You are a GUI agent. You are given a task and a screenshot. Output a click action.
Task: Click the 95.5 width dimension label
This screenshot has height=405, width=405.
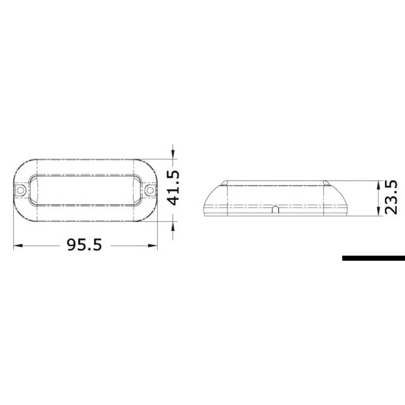click(x=85, y=245)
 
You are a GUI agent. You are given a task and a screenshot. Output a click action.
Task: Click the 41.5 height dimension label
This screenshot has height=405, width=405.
click(x=173, y=187)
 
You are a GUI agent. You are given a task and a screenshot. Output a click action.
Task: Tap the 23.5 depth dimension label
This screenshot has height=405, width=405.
click(x=391, y=197)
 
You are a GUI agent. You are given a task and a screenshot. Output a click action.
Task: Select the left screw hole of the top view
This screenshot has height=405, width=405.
click(x=21, y=191)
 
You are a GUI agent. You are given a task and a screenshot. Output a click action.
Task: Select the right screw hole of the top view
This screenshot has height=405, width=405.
click(x=150, y=191)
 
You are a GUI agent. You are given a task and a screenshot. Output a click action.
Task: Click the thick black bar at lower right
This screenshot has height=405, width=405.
click(x=374, y=258)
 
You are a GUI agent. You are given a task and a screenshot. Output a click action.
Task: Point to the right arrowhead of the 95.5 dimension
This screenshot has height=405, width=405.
click(x=153, y=246)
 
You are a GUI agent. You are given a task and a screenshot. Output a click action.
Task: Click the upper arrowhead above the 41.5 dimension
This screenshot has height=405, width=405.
click(x=173, y=154)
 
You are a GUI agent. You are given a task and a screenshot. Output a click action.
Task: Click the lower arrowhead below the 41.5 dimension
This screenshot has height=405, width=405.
click(x=173, y=226)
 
